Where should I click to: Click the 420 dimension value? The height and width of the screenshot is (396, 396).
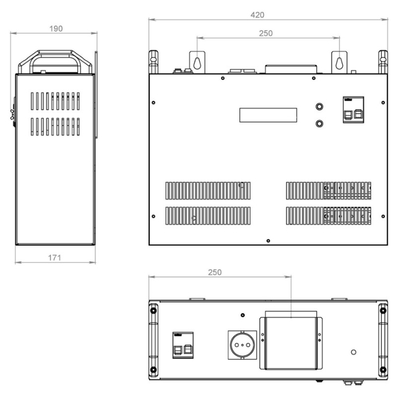point(257,15)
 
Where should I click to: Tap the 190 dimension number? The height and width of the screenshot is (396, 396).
point(56,28)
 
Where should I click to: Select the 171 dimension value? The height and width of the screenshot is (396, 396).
point(54,257)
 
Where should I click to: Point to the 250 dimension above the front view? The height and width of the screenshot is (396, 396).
point(265,33)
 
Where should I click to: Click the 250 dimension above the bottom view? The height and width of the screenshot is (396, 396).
point(215,272)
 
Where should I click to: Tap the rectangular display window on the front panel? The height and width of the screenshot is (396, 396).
point(268,115)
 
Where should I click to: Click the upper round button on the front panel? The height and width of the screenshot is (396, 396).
point(319,106)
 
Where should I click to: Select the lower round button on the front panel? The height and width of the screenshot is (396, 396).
point(319,124)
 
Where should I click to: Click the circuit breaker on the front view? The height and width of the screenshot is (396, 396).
point(353,110)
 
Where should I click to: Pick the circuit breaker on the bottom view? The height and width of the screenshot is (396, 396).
point(183,345)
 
